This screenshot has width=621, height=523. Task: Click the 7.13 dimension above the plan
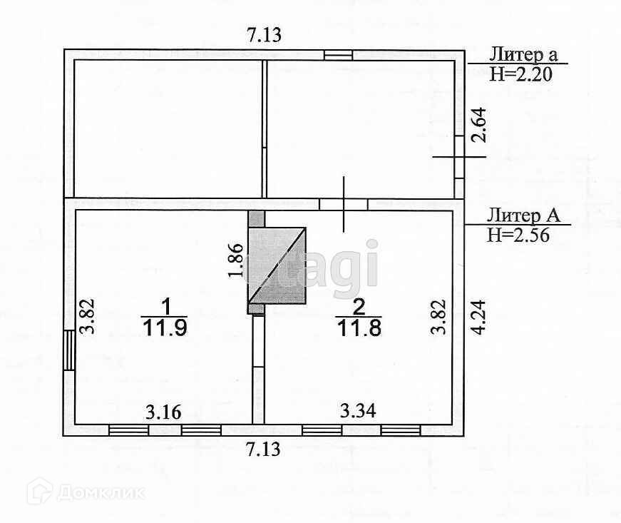(265, 35)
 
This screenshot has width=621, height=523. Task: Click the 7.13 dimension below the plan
(263, 450)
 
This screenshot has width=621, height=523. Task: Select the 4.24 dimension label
(479, 318)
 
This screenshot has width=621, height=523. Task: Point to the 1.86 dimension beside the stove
(236, 260)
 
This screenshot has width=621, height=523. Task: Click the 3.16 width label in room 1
(163, 412)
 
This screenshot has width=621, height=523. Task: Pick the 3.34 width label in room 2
(358, 410)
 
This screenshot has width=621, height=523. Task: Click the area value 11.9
(165, 328)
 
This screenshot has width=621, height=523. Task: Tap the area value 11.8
(359, 328)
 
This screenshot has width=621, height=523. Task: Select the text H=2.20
(520, 74)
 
